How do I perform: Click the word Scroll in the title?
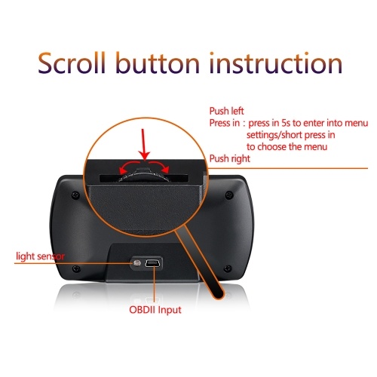[x=72, y=63]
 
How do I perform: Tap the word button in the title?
[x=158, y=63]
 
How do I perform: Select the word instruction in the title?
[x=276, y=63]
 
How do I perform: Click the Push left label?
[x=226, y=111]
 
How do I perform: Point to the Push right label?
[x=230, y=158]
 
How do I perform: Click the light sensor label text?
[x=40, y=256]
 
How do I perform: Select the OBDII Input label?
[x=155, y=310]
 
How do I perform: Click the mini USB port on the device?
[x=153, y=263]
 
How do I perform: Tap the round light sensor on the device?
[x=137, y=263]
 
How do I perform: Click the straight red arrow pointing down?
[x=143, y=145]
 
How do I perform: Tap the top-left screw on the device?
[x=75, y=195]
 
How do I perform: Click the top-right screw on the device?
[x=228, y=195]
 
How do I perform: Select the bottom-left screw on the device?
[x=76, y=268]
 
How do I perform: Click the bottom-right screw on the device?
[x=228, y=268]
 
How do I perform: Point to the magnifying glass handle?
[x=199, y=262]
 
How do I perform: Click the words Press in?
[x=225, y=123]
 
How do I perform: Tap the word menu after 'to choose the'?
[x=315, y=147]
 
